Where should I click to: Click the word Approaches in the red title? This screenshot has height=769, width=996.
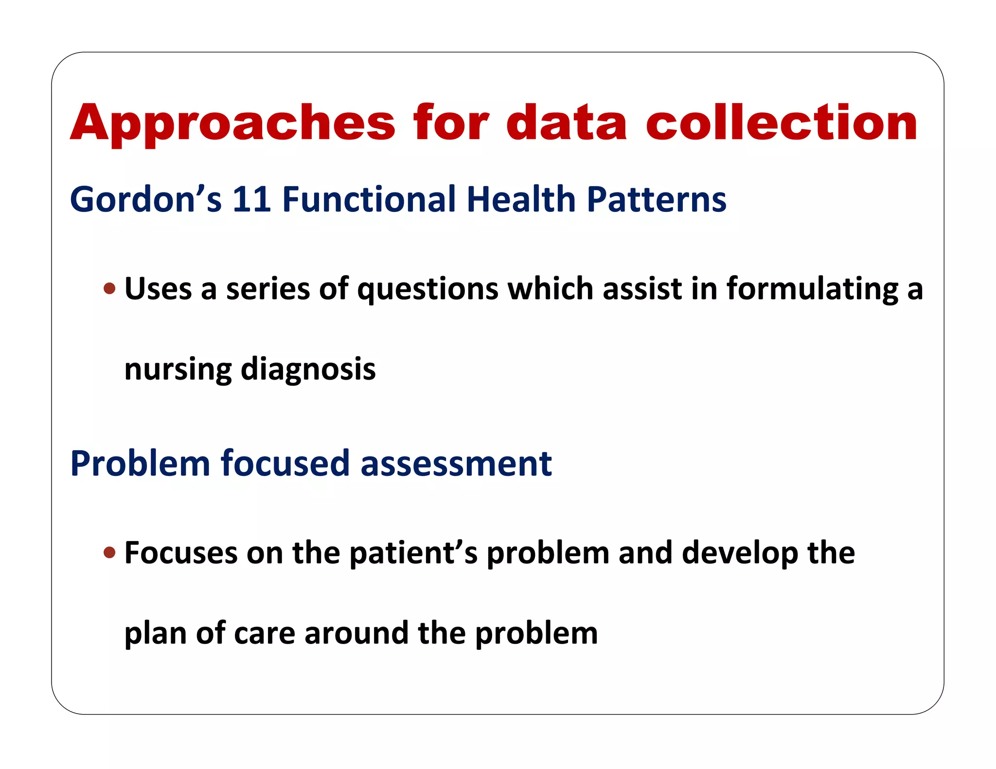[232, 124]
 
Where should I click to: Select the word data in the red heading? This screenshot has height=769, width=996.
[566, 124]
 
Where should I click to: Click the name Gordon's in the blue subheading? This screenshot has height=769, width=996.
[145, 199]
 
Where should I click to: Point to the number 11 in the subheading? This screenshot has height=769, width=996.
[251, 199]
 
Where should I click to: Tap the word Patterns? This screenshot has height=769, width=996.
[656, 199]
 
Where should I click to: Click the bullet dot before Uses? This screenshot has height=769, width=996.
[110, 289]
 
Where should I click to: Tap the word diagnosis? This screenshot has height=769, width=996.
[308, 369]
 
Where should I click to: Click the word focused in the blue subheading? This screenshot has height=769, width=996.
[285, 463]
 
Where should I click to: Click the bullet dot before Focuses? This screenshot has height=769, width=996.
[110, 553]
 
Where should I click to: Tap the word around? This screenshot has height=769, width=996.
[356, 634]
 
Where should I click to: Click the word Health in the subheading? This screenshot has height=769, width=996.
[521, 199]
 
